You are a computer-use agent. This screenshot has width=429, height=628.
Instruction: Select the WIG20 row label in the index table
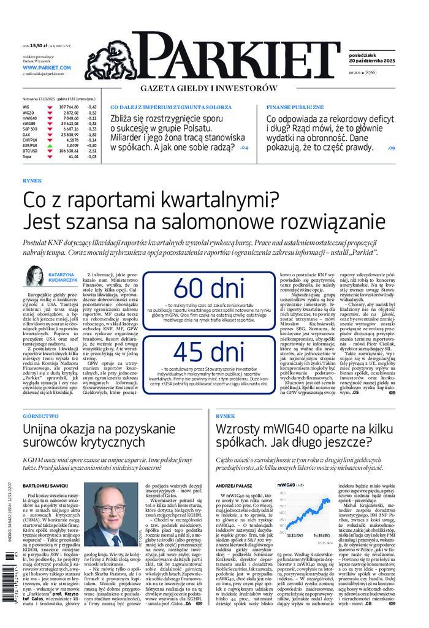(28, 113)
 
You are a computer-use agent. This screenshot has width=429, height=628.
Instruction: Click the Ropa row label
(26, 157)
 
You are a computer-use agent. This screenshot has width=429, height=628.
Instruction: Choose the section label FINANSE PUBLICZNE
(295, 107)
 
